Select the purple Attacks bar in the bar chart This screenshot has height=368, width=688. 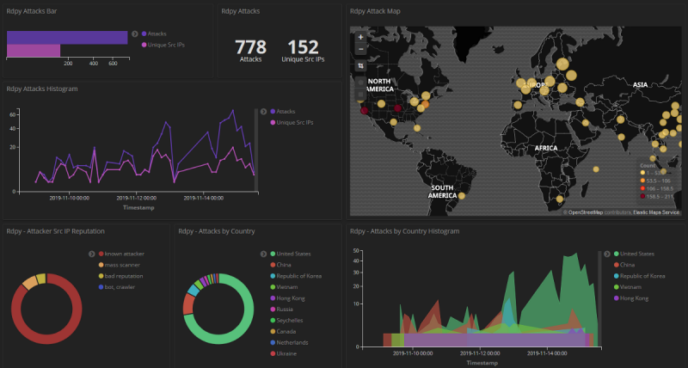pyautogui.click(x=67, y=37)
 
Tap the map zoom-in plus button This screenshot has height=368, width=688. pyautogui.click(x=360, y=37)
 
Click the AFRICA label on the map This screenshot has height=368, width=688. pyautogui.click(x=546, y=148)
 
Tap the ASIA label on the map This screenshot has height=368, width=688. pyautogui.click(x=639, y=85)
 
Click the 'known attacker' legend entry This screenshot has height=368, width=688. pyautogui.click(x=122, y=254)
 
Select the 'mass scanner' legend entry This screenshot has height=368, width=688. pyautogui.click(x=120, y=265)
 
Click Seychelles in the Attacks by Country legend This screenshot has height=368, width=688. pyautogui.click(x=292, y=320)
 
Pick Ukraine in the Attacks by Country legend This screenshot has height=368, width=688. pyautogui.click(x=287, y=353)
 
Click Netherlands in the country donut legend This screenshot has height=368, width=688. pyautogui.click(x=292, y=342)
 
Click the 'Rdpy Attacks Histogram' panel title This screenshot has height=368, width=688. pyautogui.click(x=43, y=89)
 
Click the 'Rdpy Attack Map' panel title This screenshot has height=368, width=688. pyautogui.click(x=375, y=11)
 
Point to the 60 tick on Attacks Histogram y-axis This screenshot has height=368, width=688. pyautogui.click(x=13, y=113)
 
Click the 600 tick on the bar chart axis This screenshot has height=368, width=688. pyautogui.click(x=113, y=63)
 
